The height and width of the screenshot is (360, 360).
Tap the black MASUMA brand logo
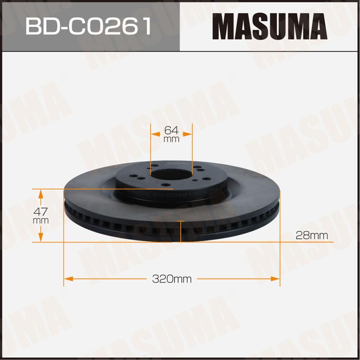click(x=269, y=26)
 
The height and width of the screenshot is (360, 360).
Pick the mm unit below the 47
click(x=40, y=220)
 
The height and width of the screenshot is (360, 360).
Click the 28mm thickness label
click(x=311, y=235)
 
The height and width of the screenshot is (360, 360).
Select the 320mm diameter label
click(x=172, y=279)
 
